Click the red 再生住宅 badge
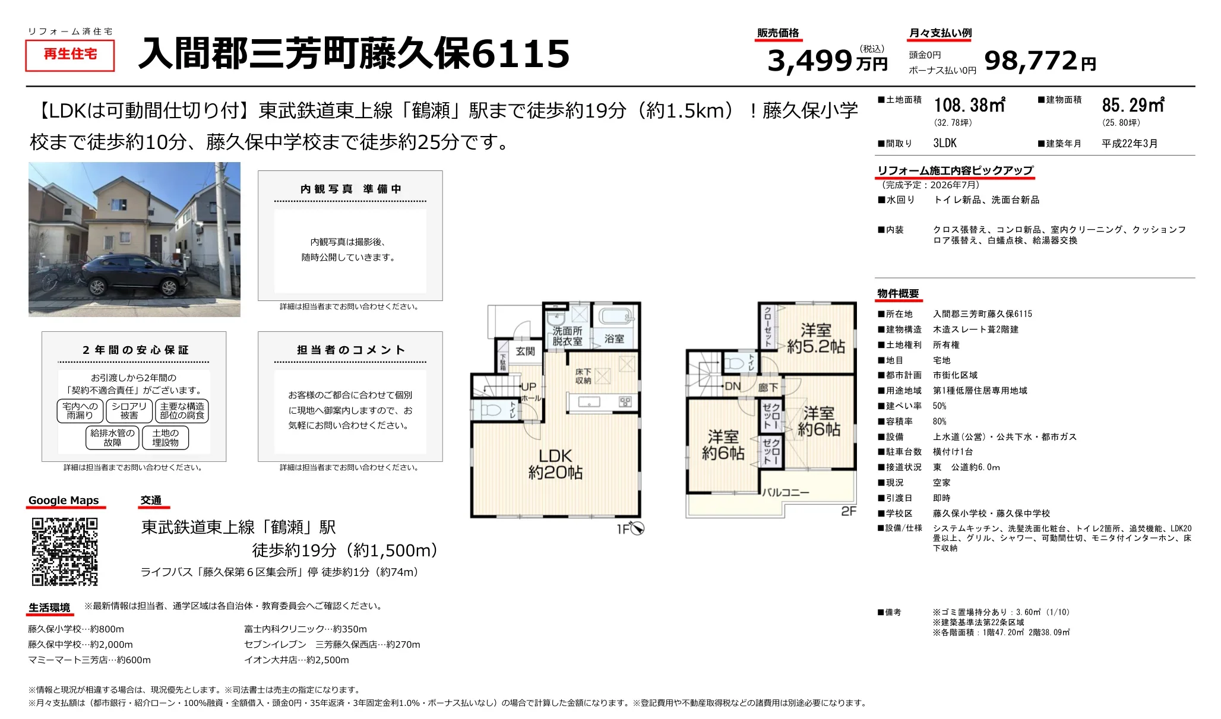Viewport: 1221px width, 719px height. [70, 55]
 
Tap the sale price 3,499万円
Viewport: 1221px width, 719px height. [827, 61]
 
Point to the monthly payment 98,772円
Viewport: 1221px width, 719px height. [1040, 61]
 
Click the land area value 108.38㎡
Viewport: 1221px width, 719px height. [969, 105]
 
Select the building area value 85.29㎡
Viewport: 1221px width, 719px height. [1133, 105]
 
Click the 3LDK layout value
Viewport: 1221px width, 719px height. [945, 143]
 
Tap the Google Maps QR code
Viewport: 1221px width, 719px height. [64, 552]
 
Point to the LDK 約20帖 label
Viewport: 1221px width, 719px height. [555, 464]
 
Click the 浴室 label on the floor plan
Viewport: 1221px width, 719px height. [614, 338]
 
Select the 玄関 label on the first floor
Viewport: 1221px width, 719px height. [525, 351]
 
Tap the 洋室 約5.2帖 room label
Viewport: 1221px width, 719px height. [815, 338]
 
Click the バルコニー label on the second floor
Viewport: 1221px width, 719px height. [786, 492]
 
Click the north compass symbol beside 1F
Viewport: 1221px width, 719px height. [637, 528]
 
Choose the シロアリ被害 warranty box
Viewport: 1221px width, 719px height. [129, 411]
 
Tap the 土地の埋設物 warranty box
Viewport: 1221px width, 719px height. [165, 438]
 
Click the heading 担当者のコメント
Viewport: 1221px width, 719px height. [351, 350]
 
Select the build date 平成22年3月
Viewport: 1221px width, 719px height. [1130, 144]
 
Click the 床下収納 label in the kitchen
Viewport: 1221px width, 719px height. [583, 376]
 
